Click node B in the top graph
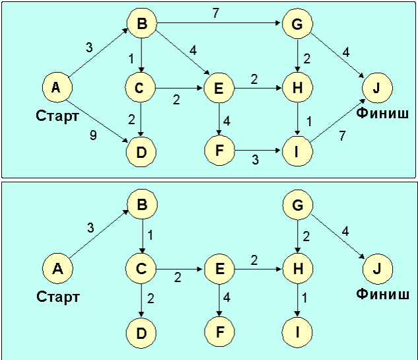[141, 23]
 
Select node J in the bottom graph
[377, 269]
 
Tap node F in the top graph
[219, 151]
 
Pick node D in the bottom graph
[141, 333]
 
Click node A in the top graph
[57, 87]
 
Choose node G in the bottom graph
[298, 205]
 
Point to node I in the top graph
[297, 151]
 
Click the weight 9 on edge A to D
[93, 135]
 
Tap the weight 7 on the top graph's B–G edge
[216, 13]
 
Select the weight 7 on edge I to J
[342, 135]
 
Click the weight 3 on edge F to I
[255, 160]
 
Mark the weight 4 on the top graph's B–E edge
[193, 50]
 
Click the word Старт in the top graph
[57, 116]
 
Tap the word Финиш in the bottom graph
[382, 294]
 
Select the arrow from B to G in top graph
[219, 23]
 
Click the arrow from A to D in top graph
[97, 122]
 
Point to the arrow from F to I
[258, 151]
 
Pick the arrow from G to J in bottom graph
[337, 236]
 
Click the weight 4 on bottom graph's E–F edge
[226, 297]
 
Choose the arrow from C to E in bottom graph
[180, 269]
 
